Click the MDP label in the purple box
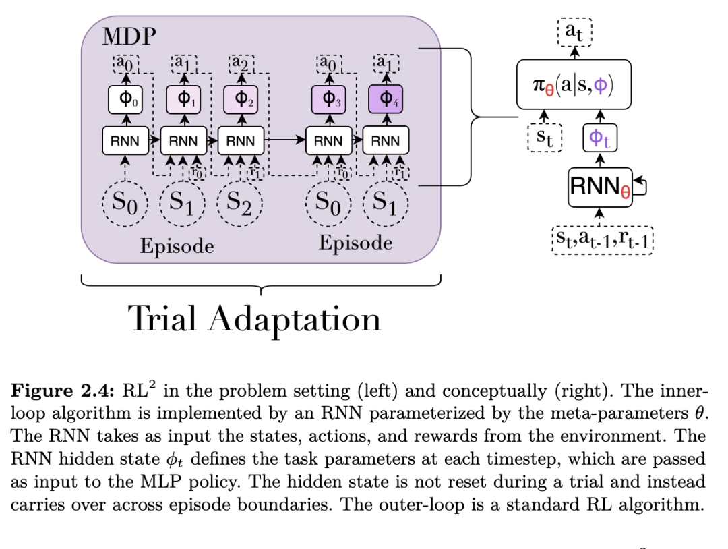tap(129, 36)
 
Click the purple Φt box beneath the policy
tap(600, 139)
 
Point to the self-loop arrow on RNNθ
tap(641, 184)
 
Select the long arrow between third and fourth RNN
tap(284, 141)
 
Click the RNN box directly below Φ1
tap(183, 141)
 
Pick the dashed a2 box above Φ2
tap(240, 64)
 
